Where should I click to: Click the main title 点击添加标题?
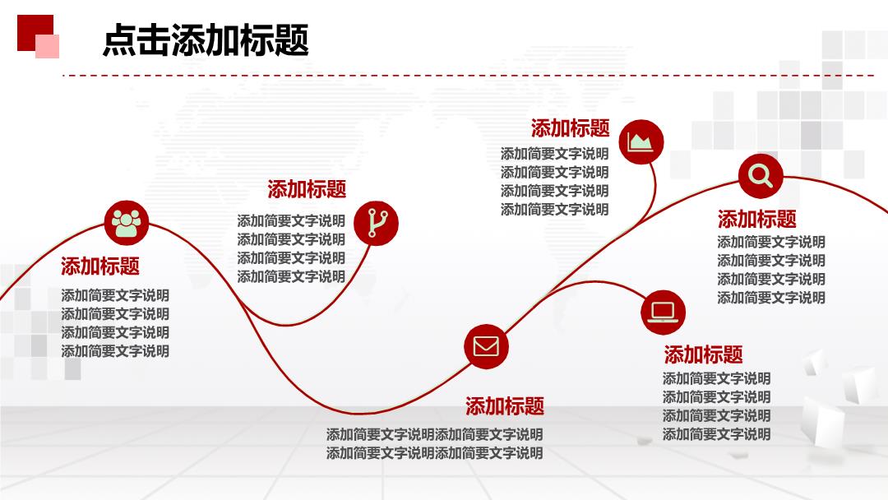(206, 40)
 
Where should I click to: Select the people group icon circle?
(127, 223)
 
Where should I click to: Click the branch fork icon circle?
(376, 223)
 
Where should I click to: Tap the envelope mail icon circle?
(486, 346)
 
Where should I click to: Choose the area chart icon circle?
(641, 141)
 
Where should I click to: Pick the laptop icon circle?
(664, 312)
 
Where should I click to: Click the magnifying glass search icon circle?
(761, 175)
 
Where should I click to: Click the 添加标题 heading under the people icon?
(100, 266)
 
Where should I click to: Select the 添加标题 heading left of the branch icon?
(307, 189)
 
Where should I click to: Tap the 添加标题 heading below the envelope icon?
(505, 406)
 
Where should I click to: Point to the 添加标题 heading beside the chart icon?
(571, 128)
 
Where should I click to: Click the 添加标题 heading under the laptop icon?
(703, 355)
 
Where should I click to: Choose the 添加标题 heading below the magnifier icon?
(757, 219)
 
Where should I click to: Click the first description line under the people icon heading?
(115, 295)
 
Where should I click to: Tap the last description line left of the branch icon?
(291, 276)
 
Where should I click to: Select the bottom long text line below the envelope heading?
(434, 453)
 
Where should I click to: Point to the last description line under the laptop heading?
(716, 433)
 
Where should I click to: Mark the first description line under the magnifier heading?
(771, 242)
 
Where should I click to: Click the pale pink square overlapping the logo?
(48, 46)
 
